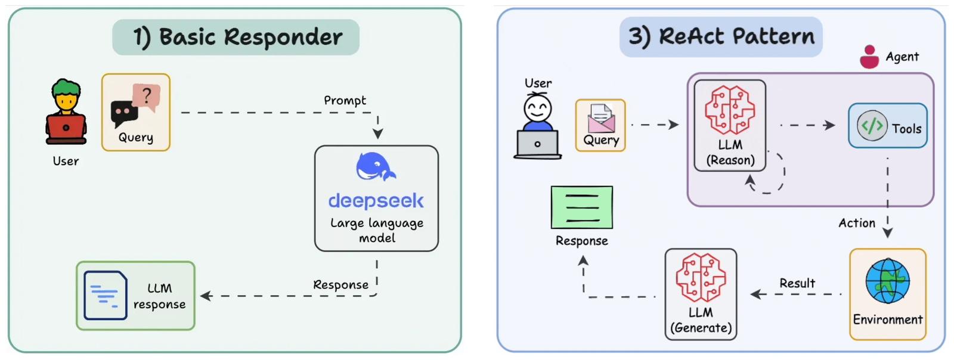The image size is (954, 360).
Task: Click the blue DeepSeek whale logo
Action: pos(375,167)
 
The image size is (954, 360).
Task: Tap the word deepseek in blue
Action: pos(376,201)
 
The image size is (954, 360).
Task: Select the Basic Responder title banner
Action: pos(236,37)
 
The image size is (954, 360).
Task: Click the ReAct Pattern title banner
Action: pos(721,37)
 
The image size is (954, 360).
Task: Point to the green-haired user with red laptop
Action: pos(66,113)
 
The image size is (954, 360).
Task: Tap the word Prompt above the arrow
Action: pos(345,100)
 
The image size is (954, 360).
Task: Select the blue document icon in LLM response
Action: pos(105,295)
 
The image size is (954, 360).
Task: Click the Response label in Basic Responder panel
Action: pos(340,285)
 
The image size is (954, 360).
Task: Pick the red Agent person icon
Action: pos(869,57)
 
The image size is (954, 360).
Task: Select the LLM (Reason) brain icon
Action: pos(730,110)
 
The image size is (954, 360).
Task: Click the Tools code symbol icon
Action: pos(872,126)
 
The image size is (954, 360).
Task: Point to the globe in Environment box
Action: pos(887,282)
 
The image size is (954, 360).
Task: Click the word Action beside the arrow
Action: pos(857,223)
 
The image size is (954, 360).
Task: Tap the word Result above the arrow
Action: pos(797,283)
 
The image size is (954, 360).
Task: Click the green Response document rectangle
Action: pos(582,207)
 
